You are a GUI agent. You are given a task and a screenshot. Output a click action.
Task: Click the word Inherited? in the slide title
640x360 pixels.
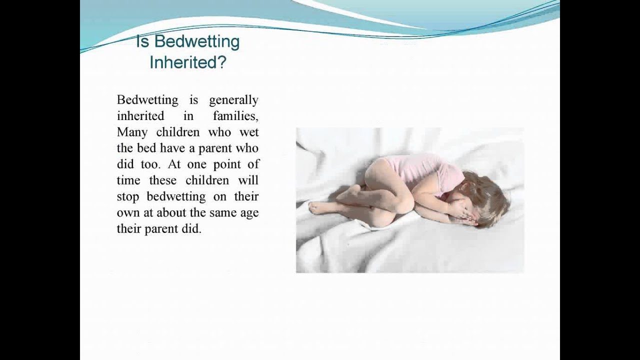pos(188,62)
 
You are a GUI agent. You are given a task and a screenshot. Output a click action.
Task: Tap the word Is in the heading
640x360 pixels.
pos(143,41)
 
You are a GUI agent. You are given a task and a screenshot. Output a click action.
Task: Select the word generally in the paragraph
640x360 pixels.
pos(233,100)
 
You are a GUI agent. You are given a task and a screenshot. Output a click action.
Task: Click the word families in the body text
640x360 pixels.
pos(235,115)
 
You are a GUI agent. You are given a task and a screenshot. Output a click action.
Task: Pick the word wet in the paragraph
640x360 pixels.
pos(249,132)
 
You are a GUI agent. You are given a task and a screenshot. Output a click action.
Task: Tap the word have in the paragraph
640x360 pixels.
pos(172,148)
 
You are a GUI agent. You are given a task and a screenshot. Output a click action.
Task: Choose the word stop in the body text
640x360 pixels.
pos(127,197)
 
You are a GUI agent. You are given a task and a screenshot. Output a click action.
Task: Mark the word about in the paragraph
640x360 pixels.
pos(171,212)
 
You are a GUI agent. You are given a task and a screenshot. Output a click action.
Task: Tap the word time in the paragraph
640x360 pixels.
pos(128,180)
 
